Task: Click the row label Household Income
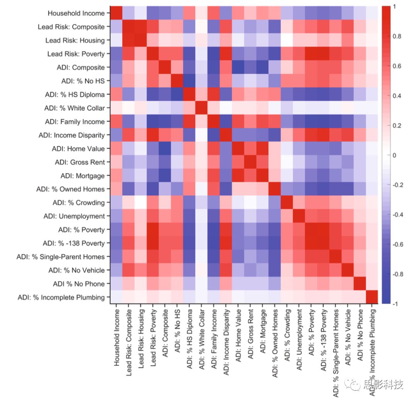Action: pos(76,13)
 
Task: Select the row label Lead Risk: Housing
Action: pos(75,40)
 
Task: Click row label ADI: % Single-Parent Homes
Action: pos(61,257)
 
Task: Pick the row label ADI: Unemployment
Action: pos(78,216)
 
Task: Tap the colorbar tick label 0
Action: pos(394,155)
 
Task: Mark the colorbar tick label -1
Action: pos(395,304)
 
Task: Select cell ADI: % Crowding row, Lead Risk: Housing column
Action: pos(141,202)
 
